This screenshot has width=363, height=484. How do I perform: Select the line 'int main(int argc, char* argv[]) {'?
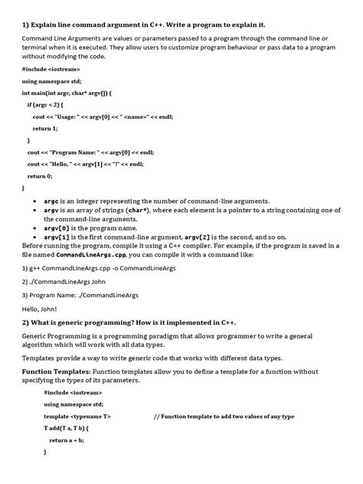68,92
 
